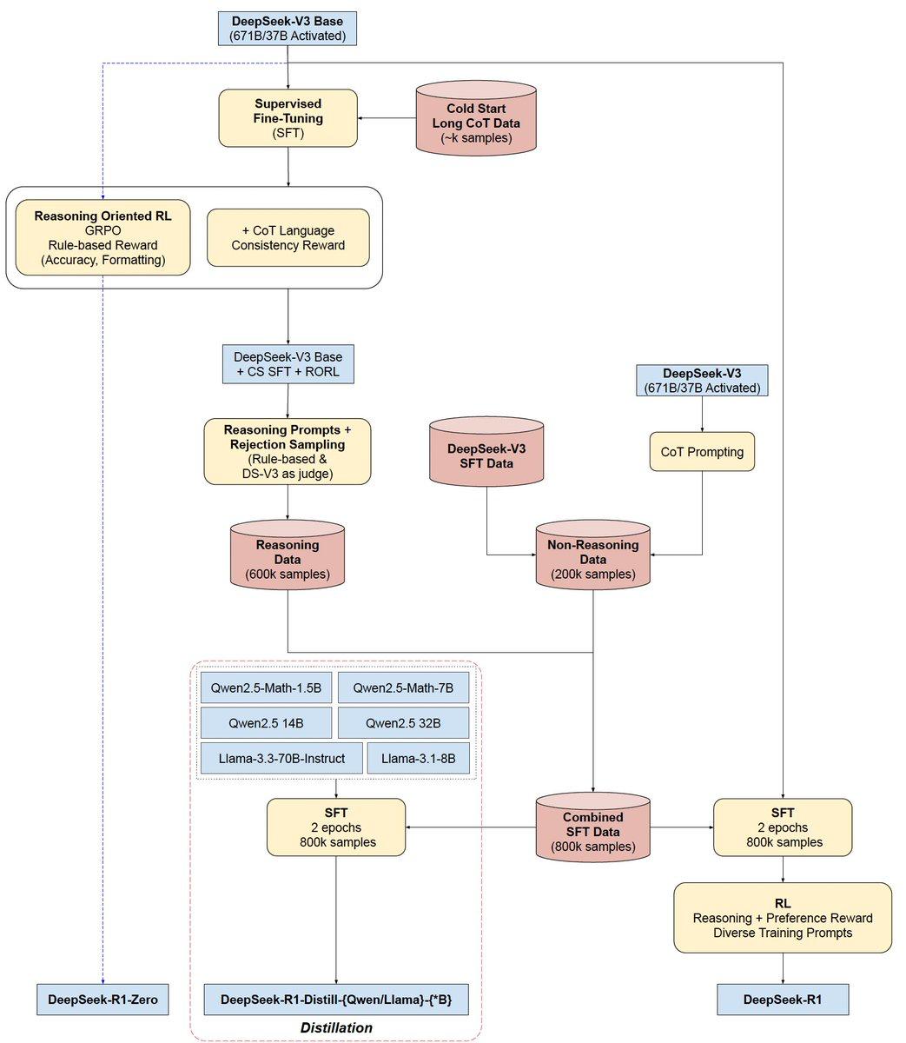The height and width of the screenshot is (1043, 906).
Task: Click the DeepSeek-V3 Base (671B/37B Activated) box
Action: click(x=288, y=29)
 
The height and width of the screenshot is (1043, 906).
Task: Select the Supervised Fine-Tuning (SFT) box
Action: click(x=288, y=118)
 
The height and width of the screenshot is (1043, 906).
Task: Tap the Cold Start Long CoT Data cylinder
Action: click(x=476, y=123)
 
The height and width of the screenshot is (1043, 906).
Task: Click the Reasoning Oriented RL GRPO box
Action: click(x=103, y=237)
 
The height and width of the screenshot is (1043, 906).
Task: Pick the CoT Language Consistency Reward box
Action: click(x=288, y=237)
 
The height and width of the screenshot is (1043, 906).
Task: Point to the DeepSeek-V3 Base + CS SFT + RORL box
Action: click(x=288, y=364)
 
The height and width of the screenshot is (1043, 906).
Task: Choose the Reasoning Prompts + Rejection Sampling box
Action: click(x=288, y=451)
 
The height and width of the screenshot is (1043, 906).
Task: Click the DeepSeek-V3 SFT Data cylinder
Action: click(x=486, y=456)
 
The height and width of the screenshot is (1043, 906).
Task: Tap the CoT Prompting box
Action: click(x=702, y=452)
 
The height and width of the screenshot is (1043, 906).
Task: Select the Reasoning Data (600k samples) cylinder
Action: click(x=288, y=559)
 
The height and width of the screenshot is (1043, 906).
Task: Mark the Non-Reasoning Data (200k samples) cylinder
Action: click(x=592, y=559)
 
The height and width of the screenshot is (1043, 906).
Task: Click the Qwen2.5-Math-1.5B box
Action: click(x=266, y=688)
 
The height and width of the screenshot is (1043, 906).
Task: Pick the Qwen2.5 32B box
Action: click(x=403, y=723)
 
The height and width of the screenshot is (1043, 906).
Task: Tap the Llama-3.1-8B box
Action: click(x=418, y=758)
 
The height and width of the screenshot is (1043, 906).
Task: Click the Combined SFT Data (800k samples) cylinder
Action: click(x=592, y=832)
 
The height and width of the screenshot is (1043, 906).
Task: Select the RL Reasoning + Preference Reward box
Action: click(x=783, y=918)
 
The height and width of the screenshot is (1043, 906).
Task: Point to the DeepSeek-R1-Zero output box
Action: click(x=103, y=1000)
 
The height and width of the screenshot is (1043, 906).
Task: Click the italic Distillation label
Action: click(x=336, y=1027)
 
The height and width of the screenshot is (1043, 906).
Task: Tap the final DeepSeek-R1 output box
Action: click(x=783, y=1000)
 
